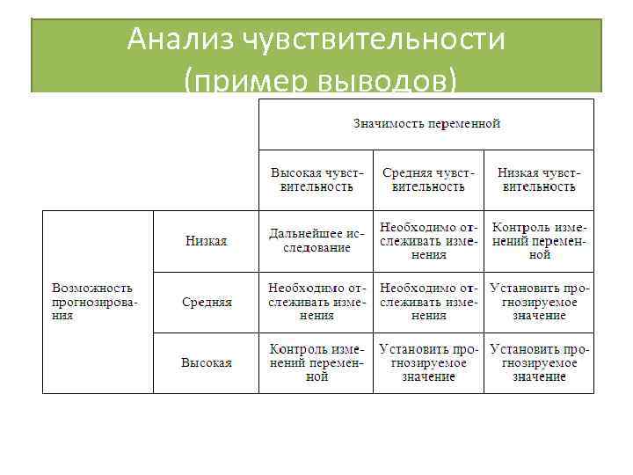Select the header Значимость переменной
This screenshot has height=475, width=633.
(x=426, y=123)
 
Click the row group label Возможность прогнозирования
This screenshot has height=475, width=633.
(x=93, y=301)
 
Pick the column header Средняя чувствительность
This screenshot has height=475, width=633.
(x=428, y=179)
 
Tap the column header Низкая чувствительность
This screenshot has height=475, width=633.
(x=538, y=179)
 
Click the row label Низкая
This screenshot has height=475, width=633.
(x=207, y=241)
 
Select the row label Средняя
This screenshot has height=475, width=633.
(x=207, y=302)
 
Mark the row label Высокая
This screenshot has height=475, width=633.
(x=207, y=362)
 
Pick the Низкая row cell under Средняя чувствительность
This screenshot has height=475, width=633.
(x=428, y=241)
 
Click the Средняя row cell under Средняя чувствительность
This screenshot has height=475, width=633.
(x=428, y=302)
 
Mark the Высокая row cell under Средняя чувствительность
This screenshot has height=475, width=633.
(x=428, y=362)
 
